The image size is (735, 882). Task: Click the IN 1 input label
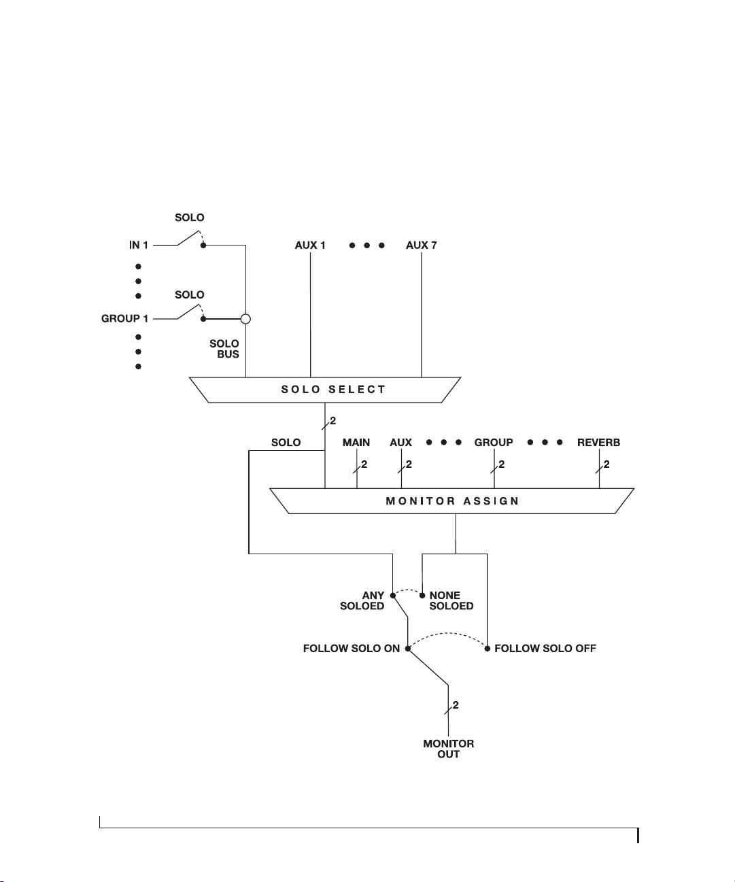click(139, 245)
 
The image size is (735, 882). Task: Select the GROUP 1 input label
click(124, 318)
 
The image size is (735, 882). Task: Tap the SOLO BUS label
click(224, 349)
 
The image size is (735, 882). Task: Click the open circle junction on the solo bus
click(245, 319)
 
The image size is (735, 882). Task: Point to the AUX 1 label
click(310, 245)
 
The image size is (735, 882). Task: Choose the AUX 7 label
click(421, 245)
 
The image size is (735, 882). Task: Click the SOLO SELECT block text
click(333, 390)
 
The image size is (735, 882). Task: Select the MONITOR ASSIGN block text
click(452, 501)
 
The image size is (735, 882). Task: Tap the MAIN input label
click(356, 442)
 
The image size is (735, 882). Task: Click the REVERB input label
click(598, 442)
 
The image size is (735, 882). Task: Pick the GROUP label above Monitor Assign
click(494, 442)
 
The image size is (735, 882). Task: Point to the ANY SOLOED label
click(362, 600)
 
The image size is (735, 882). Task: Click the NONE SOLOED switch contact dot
click(422, 596)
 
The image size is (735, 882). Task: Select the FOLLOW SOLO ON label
click(352, 648)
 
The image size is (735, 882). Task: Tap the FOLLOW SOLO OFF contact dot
click(487, 648)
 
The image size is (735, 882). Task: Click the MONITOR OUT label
click(448, 749)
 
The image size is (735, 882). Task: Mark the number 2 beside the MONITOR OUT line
click(456, 705)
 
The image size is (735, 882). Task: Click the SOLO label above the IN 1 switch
click(190, 218)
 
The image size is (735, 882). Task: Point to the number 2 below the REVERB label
click(606, 464)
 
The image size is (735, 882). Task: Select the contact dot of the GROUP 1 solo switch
click(203, 319)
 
